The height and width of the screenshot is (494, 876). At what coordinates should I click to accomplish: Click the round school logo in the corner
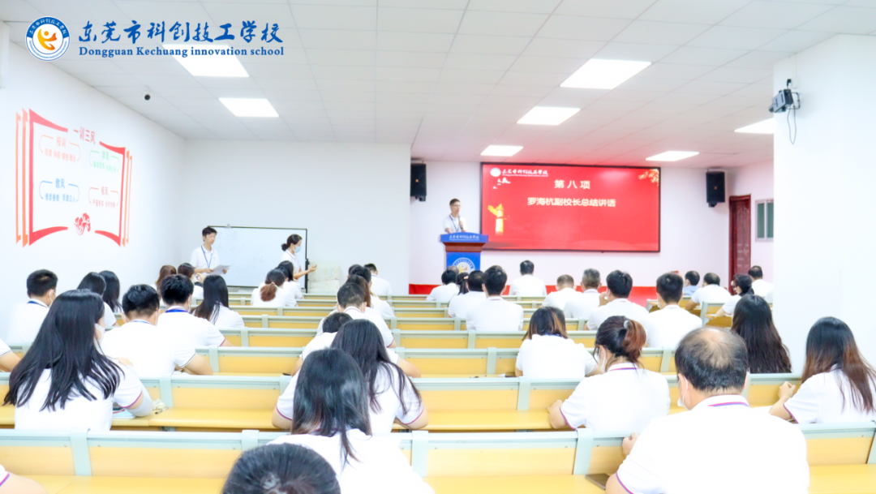[x=47, y=39]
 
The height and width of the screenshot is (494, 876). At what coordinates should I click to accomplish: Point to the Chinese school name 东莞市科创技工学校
[x=180, y=32]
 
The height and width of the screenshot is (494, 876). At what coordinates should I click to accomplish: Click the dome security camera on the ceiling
[x=147, y=95]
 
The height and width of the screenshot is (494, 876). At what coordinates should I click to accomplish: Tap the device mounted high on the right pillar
[x=784, y=100]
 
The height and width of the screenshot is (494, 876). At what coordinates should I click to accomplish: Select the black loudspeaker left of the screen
[x=418, y=181]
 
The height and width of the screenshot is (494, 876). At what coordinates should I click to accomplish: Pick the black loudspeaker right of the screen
[x=715, y=187]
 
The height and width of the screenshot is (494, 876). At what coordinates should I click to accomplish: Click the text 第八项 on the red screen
[x=572, y=185]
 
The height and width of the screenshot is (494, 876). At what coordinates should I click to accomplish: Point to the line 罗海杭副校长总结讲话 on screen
[x=571, y=203]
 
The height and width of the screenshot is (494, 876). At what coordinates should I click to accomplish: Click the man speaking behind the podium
[x=455, y=217]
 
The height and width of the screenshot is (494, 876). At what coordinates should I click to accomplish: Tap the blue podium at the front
[x=464, y=253]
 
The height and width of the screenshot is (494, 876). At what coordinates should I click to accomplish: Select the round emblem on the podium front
[x=463, y=264]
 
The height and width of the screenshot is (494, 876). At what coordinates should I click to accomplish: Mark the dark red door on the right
[x=739, y=235]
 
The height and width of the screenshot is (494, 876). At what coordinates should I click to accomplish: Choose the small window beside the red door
[x=764, y=220]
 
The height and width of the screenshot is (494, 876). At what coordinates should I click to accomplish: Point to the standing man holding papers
[x=206, y=254]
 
